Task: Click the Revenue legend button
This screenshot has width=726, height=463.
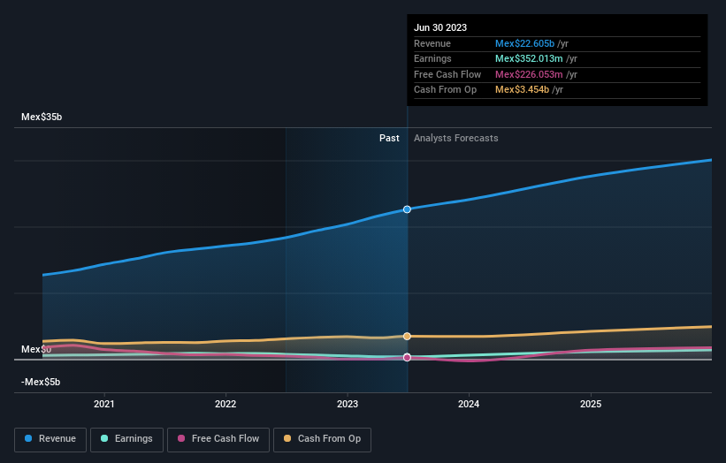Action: (x=50, y=438)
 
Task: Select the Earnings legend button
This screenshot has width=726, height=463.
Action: (x=126, y=438)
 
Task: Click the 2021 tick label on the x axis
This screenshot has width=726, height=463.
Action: (x=104, y=405)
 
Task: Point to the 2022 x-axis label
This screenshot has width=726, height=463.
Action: (x=225, y=405)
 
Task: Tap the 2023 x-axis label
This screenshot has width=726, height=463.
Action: (x=348, y=405)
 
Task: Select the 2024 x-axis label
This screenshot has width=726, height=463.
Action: (x=469, y=405)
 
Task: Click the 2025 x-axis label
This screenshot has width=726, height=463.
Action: (x=591, y=405)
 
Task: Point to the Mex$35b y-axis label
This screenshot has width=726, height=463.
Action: (x=42, y=117)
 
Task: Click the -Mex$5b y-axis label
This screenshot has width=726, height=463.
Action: (x=41, y=382)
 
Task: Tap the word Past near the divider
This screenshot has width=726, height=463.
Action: (x=389, y=138)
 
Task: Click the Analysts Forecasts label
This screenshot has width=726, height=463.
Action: (x=455, y=138)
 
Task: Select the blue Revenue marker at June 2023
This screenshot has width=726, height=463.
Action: (x=408, y=209)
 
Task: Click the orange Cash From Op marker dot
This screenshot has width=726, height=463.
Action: (x=408, y=336)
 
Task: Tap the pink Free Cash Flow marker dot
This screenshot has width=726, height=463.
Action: (x=408, y=358)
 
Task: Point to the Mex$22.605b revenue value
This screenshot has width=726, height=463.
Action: (x=524, y=44)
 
